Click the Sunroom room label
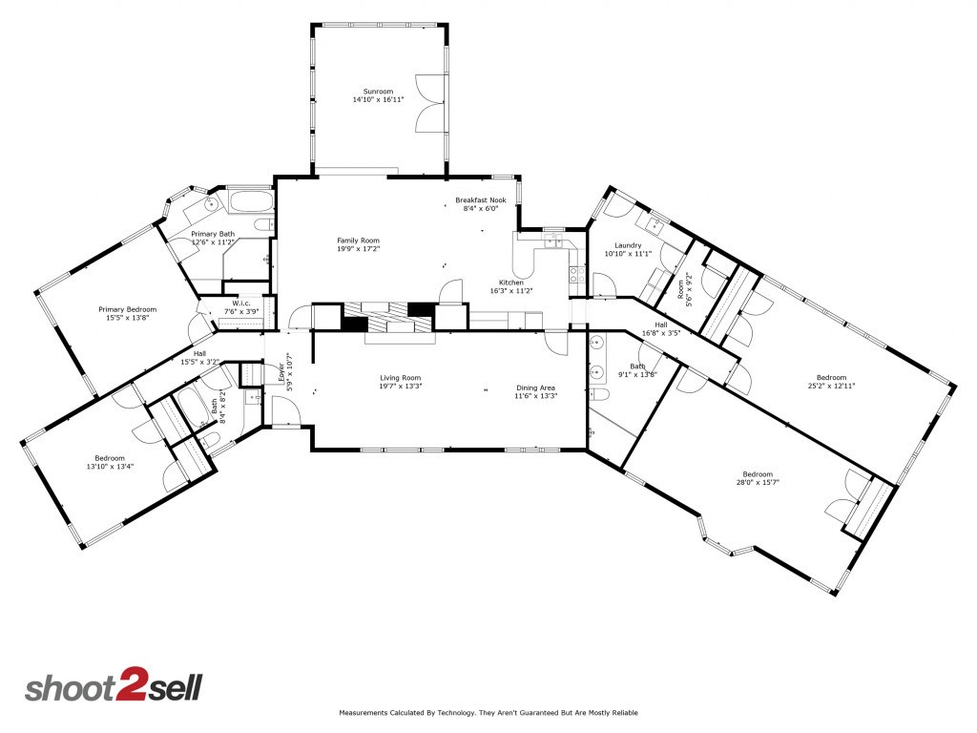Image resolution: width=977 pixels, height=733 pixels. [x=371, y=92]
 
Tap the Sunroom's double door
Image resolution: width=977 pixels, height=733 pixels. [x=429, y=102]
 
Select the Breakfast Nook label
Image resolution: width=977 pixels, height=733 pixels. [x=487, y=199]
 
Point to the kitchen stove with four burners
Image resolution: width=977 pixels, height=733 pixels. [x=576, y=275]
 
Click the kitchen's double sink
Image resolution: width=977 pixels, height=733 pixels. [x=553, y=241]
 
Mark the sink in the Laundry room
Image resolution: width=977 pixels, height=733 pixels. [x=654, y=225]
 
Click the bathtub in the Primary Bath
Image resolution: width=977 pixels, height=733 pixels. [x=250, y=202]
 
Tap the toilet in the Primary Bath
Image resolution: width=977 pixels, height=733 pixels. [x=212, y=204]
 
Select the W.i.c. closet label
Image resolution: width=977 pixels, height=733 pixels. [x=240, y=304]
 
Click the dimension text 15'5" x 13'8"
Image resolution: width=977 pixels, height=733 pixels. [x=127, y=319]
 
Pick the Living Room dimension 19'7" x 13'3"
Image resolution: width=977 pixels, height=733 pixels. [x=400, y=387]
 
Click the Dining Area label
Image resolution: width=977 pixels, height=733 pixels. [x=535, y=387]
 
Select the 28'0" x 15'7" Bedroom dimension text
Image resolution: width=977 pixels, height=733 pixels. [x=758, y=483]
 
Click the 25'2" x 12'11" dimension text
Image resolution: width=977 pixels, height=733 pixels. [x=831, y=386]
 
